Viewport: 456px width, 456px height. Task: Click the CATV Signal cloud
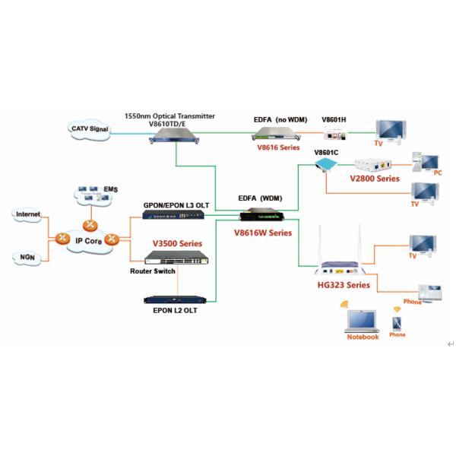(90, 130)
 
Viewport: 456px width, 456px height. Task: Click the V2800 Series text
(373, 179)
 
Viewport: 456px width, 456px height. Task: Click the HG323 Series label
(343, 285)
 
